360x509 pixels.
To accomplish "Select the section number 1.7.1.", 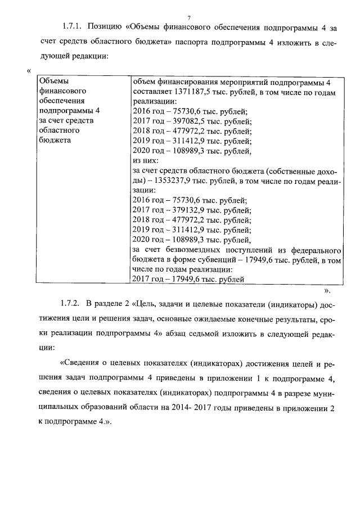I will point(72,28).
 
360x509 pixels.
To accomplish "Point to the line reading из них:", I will point(145,161).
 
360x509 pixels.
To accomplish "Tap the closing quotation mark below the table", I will point(327,292).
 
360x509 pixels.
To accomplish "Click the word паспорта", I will point(215,42).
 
